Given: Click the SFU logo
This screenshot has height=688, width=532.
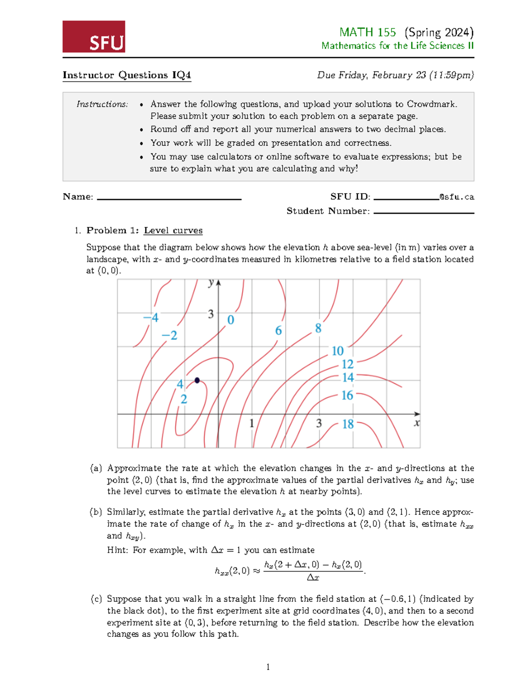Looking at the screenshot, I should pyautogui.click(x=94, y=37).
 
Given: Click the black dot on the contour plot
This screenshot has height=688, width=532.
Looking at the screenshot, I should pyautogui.click(x=197, y=380).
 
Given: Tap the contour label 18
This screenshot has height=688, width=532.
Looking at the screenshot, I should pyautogui.click(x=348, y=424).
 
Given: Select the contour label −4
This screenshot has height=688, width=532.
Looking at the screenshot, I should pyautogui.click(x=151, y=318).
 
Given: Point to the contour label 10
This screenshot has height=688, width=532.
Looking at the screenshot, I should pyautogui.click(x=337, y=351).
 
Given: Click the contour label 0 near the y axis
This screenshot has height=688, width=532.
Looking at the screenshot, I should pyautogui.click(x=231, y=320).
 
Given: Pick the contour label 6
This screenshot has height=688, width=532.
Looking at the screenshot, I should pyautogui.click(x=278, y=330).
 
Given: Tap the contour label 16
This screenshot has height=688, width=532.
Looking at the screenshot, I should pyautogui.click(x=347, y=395).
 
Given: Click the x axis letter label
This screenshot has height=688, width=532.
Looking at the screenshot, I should pyautogui.click(x=417, y=423).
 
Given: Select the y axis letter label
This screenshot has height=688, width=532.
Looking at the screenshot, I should pyautogui.click(x=211, y=283).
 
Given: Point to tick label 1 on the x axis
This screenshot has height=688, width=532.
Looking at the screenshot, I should pyautogui.click(x=251, y=424).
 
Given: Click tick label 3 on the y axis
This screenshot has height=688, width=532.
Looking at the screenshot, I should pyautogui.click(x=211, y=314).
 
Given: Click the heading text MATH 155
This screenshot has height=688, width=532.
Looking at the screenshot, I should pyautogui.click(x=367, y=32).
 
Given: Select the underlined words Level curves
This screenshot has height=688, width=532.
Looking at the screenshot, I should pyautogui.click(x=173, y=230).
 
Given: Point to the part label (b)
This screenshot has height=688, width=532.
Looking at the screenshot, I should pyautogui.click(x=96, y=512).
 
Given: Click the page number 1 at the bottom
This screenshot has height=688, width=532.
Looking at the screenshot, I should pyautogui.click(x=268, y=667).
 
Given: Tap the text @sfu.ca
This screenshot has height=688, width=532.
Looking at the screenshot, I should pyautogui.click(x=457, y=197).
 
